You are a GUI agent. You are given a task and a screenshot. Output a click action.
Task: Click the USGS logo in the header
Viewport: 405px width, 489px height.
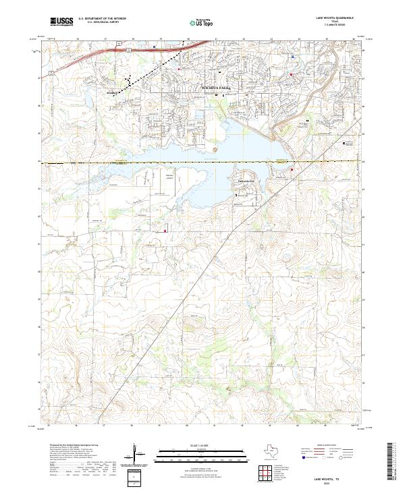[x=61, y=22]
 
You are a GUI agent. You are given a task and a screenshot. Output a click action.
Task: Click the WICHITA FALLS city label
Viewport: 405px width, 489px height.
[x=217, y=88]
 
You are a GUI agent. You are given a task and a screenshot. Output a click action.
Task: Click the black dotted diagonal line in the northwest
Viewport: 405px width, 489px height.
[x=142, y=76]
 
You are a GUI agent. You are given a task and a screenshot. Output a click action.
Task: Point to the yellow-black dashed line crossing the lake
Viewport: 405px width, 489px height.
[x=202, y=163]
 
